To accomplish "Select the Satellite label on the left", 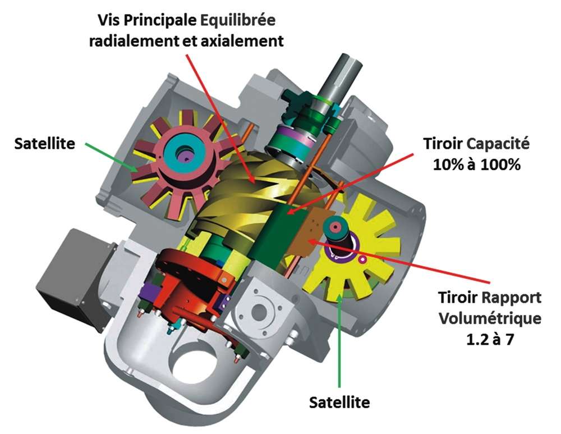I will (x=44, y=143).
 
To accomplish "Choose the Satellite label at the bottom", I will (x=340, y=402).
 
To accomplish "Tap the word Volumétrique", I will (x=490, y=318).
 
